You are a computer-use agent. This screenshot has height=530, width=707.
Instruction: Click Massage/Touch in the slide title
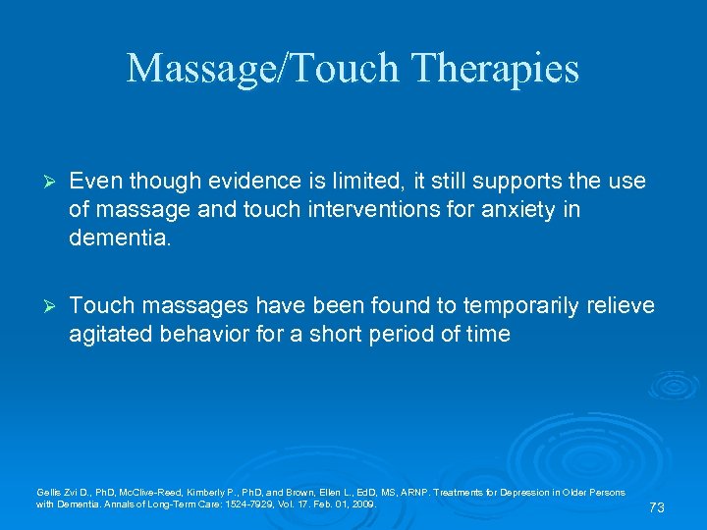259,69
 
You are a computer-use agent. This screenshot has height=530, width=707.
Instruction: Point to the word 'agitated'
107,334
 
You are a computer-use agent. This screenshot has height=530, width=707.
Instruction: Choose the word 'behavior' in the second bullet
195,334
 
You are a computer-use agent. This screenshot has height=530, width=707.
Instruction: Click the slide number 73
657,507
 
